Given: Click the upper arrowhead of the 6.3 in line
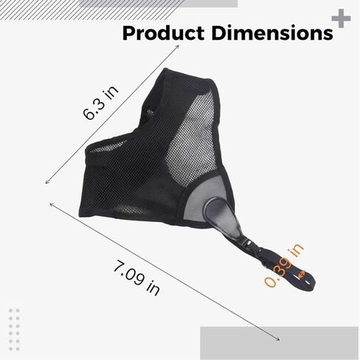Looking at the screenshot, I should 178,47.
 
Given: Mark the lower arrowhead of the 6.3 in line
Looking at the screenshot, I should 47,181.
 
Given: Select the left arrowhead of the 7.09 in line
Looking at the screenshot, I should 50,201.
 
